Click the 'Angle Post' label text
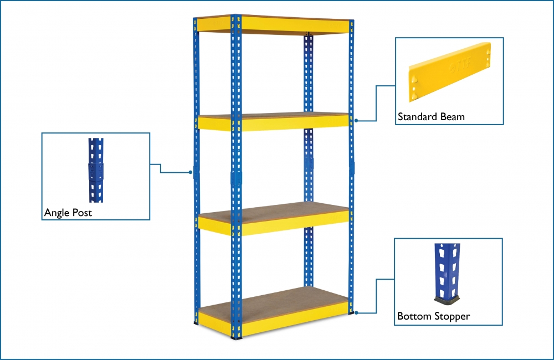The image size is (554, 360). [68, 213]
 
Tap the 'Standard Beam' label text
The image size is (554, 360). [431, 117]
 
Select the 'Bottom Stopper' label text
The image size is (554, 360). [433, 316]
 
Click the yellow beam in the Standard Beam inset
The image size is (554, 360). [449, 72]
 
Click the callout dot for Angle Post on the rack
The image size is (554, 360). [190, 172]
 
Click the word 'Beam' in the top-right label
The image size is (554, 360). [452, 117]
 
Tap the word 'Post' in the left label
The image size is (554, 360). [82, 213]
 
